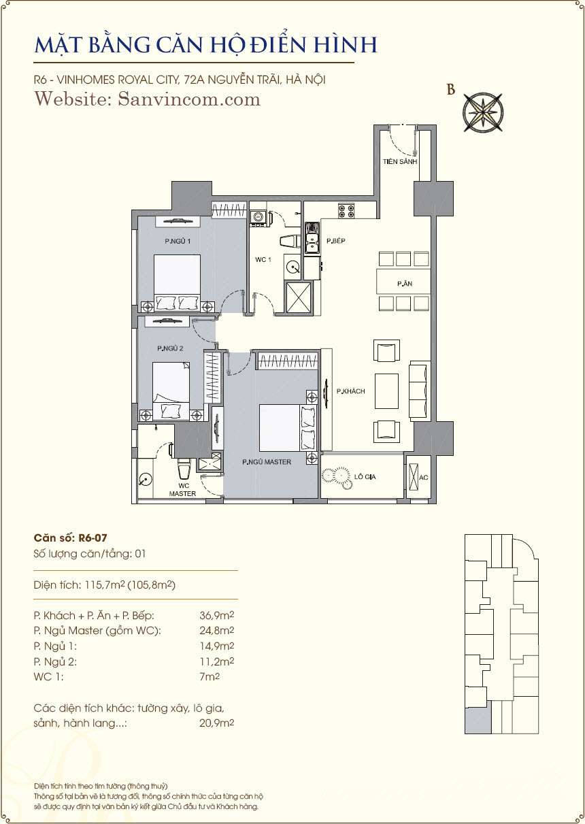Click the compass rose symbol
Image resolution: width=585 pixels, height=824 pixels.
482,112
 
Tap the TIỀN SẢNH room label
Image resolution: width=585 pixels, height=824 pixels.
400,161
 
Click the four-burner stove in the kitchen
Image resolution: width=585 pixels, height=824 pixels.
346,211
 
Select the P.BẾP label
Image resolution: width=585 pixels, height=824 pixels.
336,241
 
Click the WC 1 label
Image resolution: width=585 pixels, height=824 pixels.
263,259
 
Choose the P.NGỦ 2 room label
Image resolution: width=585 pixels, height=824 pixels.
170,348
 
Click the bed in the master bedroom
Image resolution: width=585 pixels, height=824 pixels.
288,428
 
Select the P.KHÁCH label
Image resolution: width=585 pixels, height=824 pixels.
351,391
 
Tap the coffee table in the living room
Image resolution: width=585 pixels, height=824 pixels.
386,391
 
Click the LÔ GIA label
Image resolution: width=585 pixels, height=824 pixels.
365,477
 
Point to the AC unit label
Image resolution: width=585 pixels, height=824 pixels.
423,478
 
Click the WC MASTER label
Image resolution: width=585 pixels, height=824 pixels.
183,490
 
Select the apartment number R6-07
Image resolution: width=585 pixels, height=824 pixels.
93,538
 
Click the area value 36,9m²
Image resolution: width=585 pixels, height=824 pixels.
217,615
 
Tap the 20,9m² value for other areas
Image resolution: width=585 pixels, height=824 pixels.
217,723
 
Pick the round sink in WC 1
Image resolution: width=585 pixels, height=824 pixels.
293,267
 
